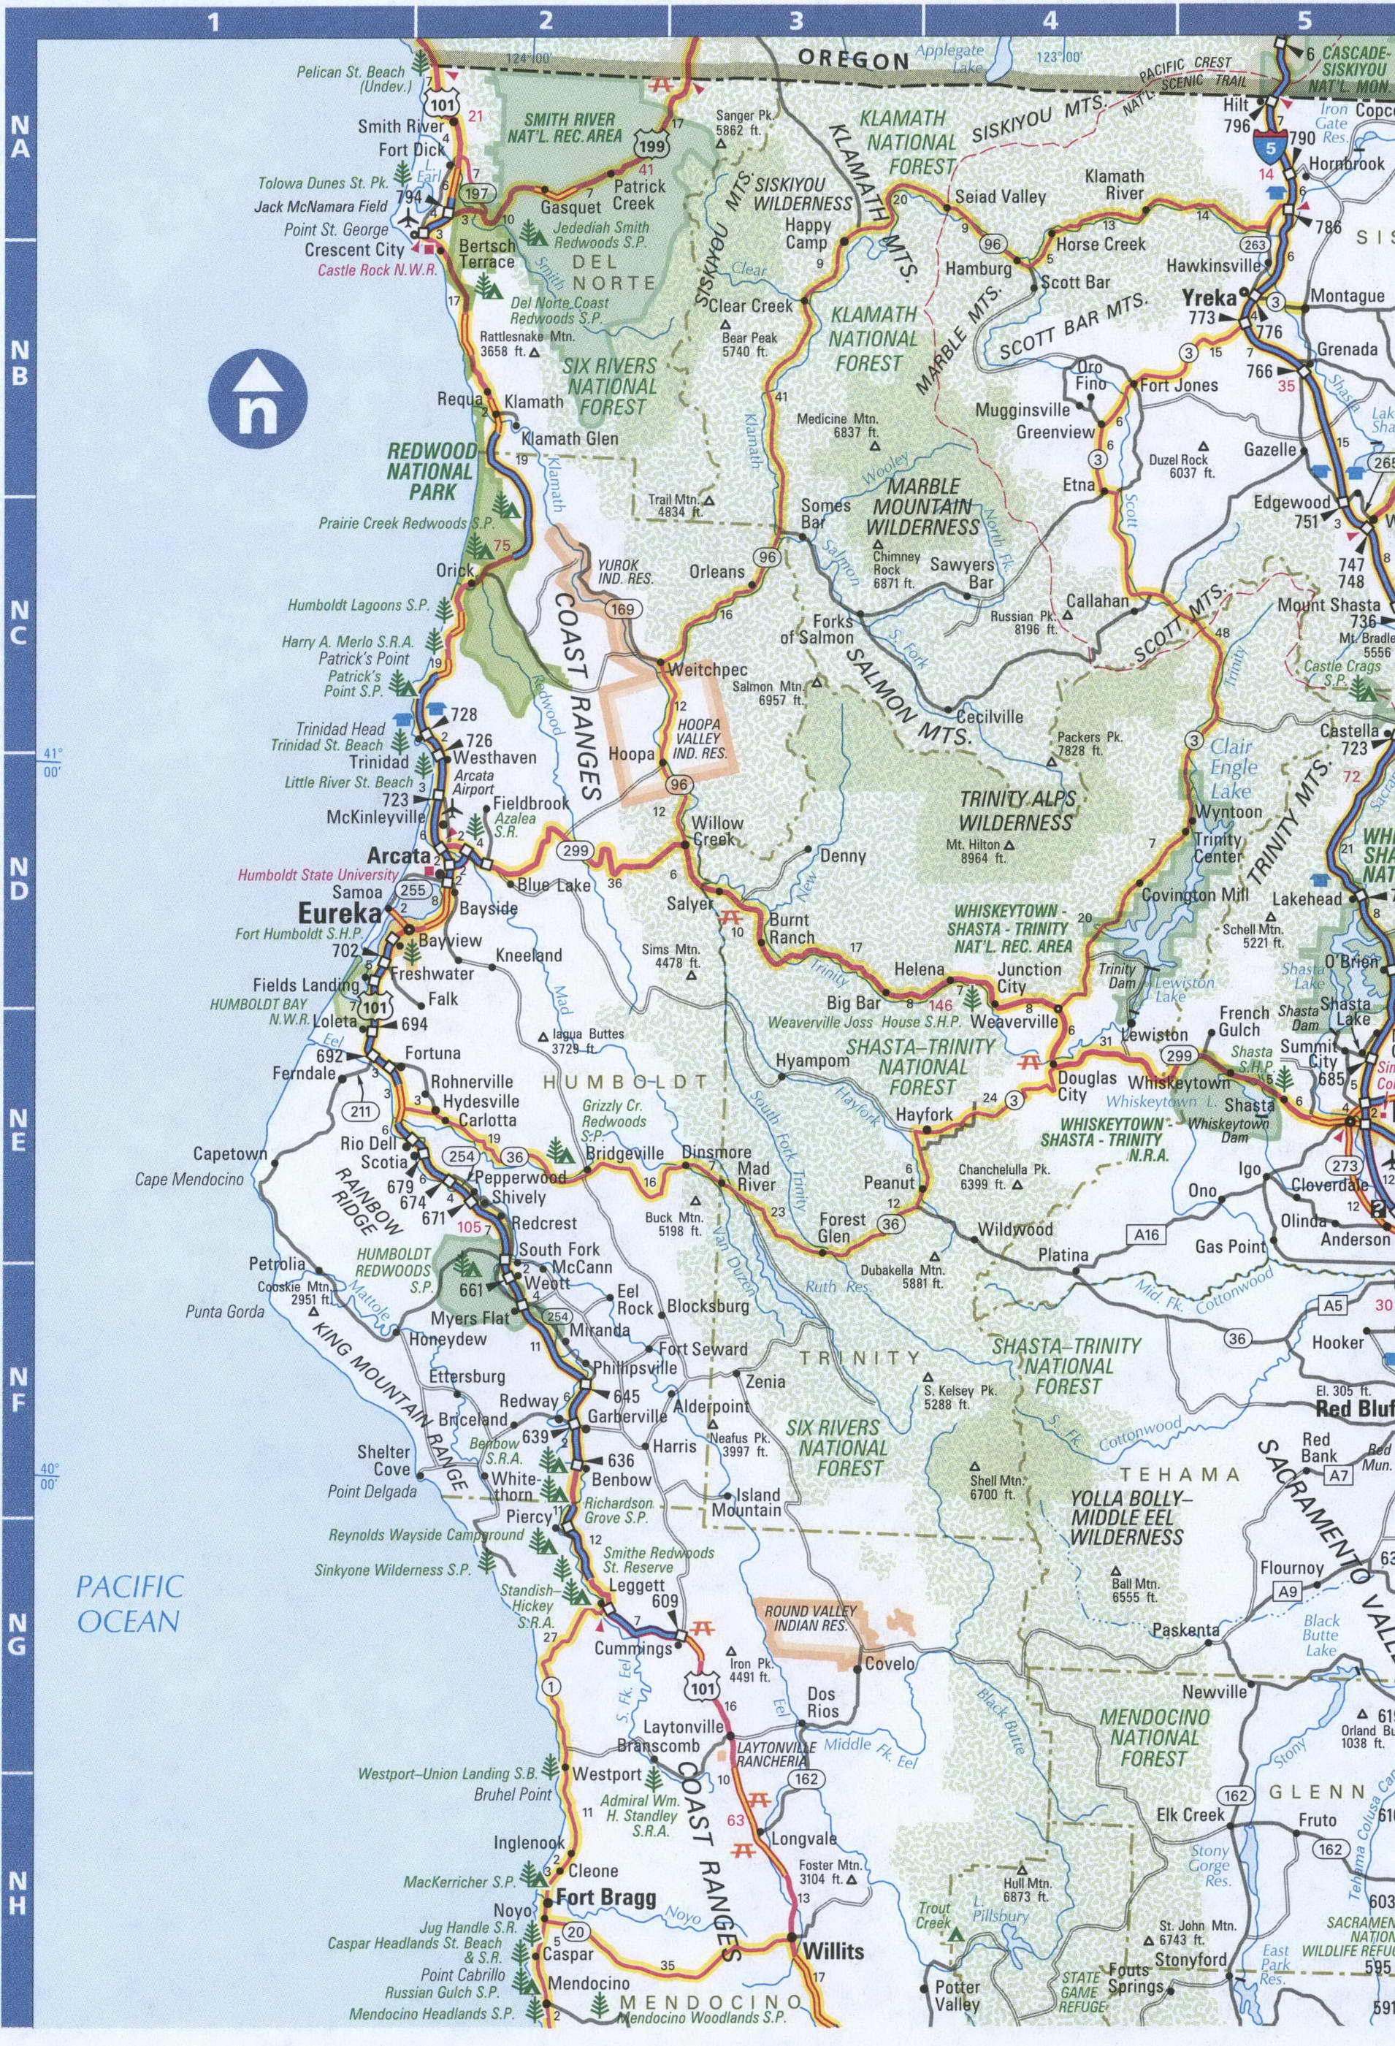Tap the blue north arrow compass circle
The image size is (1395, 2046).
[257, 394]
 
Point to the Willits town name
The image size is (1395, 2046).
[833, 1951]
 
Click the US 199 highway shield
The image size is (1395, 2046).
[649, 147]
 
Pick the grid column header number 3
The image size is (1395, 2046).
[797, 20]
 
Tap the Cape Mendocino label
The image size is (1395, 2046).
[189, 1179]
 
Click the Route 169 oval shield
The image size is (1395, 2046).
[623, 609]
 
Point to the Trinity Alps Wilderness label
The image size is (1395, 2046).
[1017, 811]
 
